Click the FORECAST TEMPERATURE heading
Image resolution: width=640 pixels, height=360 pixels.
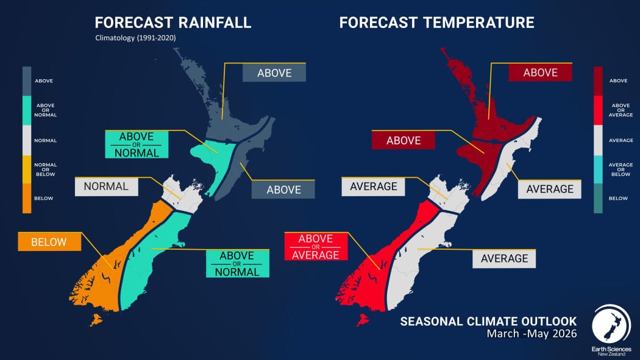click(436, 23)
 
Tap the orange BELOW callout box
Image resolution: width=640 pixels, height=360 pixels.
click(49, 242)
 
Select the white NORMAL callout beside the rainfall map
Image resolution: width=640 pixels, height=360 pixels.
click(106, 186)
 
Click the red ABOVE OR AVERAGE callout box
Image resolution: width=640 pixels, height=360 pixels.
click(316, 247)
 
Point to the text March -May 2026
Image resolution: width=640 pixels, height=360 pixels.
click(531, 334)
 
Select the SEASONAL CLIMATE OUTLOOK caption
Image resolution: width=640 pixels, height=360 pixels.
click(488, 320)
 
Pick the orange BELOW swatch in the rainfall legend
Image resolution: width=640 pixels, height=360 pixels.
click(27, 198)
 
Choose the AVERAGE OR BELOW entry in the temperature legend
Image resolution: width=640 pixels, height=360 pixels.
click(598, 169)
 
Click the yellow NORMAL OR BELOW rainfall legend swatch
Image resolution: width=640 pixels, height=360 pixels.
click(27, 169)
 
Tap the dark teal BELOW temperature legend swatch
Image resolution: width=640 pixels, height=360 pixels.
click(598, 199)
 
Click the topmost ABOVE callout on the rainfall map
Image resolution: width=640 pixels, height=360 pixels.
click(274, 73)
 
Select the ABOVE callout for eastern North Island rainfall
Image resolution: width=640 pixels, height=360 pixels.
click(283, 189)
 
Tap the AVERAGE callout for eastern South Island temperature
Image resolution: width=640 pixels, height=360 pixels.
click(504, 258)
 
